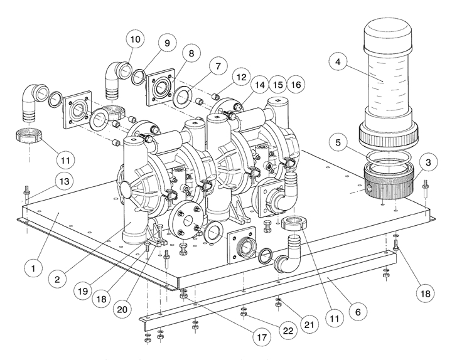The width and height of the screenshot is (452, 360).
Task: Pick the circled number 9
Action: (x=167, y=43)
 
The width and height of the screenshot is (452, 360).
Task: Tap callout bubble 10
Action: (x=136, y=39)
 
